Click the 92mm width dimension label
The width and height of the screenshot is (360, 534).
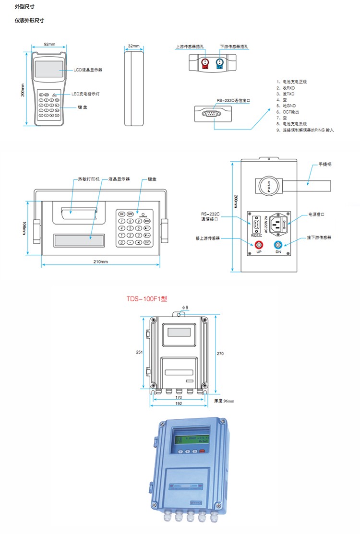coord(48,44)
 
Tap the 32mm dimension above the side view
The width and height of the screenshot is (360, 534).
coord(134,47)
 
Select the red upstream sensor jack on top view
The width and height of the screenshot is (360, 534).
coord(205,62)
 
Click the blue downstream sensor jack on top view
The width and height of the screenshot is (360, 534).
coord(221,62)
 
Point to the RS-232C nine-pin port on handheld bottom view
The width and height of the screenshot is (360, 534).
coord(212,114)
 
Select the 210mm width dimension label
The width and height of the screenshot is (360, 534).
coord(101,261)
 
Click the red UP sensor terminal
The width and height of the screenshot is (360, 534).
coord(259,245)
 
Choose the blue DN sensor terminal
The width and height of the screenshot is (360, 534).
coord(278,245)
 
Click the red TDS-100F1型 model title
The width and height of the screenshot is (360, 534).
coord(147,298)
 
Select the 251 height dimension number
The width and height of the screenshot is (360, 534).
coord(139,352)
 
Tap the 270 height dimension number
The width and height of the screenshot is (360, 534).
coord(220,353)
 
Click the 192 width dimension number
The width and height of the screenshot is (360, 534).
coord(179,403)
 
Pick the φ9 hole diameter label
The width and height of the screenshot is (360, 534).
coord(185,307)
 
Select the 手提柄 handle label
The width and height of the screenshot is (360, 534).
coord(325,164)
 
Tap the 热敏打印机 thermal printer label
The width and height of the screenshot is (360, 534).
coord(89,179)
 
